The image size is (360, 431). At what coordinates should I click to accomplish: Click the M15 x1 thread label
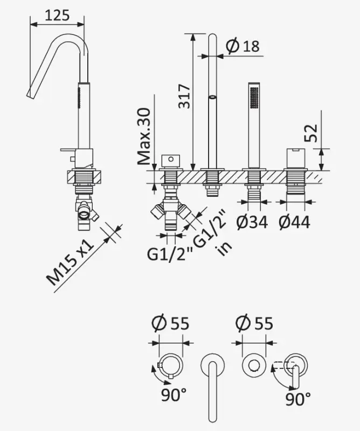(70, 265)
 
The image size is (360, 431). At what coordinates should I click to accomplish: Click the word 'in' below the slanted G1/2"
(220, 249)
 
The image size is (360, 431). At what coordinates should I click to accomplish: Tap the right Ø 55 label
(254, 323)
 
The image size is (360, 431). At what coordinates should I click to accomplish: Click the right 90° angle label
(297, 399)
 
